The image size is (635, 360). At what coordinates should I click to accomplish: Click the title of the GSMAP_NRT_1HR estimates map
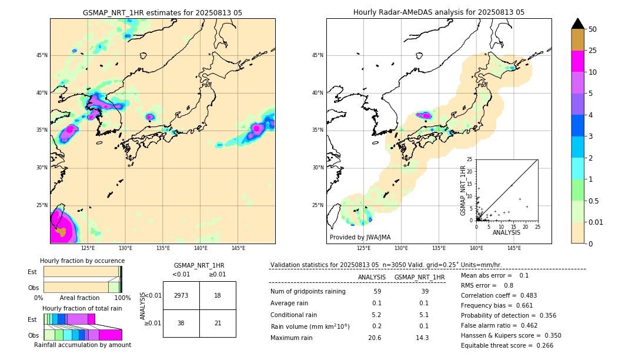tap(162, 12)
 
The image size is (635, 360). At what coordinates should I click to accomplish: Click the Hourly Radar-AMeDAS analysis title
tap(439, 12)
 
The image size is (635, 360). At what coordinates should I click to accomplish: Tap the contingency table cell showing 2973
tap(181, 295)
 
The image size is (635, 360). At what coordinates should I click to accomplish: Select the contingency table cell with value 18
tap(218, 295)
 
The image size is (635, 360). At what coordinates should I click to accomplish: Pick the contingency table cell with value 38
tap(181, 323)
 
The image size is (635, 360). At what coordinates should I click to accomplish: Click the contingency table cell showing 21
tap(218, 323)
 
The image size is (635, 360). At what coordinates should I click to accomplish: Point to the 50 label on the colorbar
tap(593, 29)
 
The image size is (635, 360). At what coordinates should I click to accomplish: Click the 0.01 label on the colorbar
tap(596, 222)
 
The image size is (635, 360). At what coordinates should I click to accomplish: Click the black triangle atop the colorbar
tap(578, 24)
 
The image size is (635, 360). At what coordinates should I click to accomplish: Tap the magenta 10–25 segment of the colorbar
tap(578, 61)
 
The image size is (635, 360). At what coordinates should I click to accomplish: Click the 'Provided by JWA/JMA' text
tap(360, 237)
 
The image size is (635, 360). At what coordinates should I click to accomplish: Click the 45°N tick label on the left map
tap(42, 55)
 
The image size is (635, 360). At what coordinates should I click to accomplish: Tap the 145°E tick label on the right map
tap(514, 248)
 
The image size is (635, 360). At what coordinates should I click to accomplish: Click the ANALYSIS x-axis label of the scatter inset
tap(506, 232)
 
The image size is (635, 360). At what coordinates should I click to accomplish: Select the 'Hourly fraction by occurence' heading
tap(82, 261)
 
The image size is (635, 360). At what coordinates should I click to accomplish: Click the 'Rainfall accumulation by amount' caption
tap(82, 345)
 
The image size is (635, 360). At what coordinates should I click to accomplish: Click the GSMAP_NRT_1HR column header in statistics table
tap(419, 277)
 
